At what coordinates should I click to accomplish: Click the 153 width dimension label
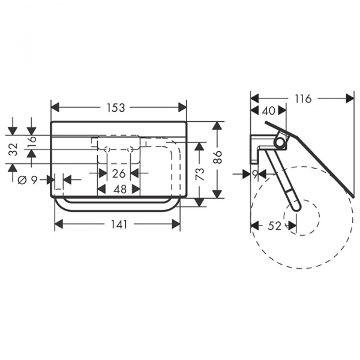coord(116,107)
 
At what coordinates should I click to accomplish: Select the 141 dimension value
coord(119,224)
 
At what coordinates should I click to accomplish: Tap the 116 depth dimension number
coord(303,99)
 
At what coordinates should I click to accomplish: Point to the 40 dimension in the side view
coord(269,110)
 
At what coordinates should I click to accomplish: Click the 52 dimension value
coord(275,226)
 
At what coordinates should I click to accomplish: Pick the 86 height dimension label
coord(218,157)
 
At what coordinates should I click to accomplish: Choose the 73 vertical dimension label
coord(200,174)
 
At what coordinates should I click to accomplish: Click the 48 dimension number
coord(120,190)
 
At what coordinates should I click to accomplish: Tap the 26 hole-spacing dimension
coord(119,173)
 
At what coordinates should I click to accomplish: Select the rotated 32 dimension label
coord(14,149)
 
